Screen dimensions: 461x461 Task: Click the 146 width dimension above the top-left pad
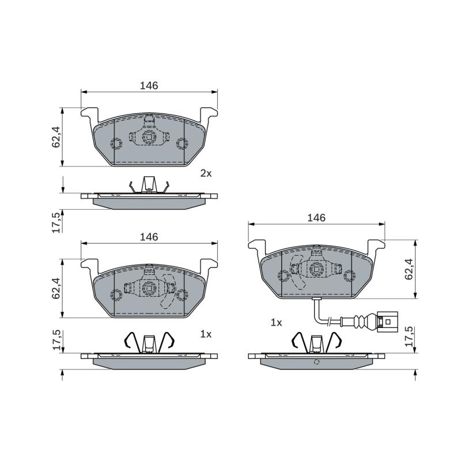point(149,85)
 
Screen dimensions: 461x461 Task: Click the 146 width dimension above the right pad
point(316,218)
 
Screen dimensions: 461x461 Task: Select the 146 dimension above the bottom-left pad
point(149,237)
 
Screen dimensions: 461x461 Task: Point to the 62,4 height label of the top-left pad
point(56,137)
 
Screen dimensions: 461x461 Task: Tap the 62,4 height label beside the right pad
point(409,269)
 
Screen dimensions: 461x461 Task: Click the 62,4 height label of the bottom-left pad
point(56,288)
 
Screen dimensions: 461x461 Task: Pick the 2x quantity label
point(206,173)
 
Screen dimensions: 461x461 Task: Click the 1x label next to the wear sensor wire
point(276,323)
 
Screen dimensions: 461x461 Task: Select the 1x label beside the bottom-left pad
point(206,334)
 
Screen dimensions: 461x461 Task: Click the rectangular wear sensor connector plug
point(387,322)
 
